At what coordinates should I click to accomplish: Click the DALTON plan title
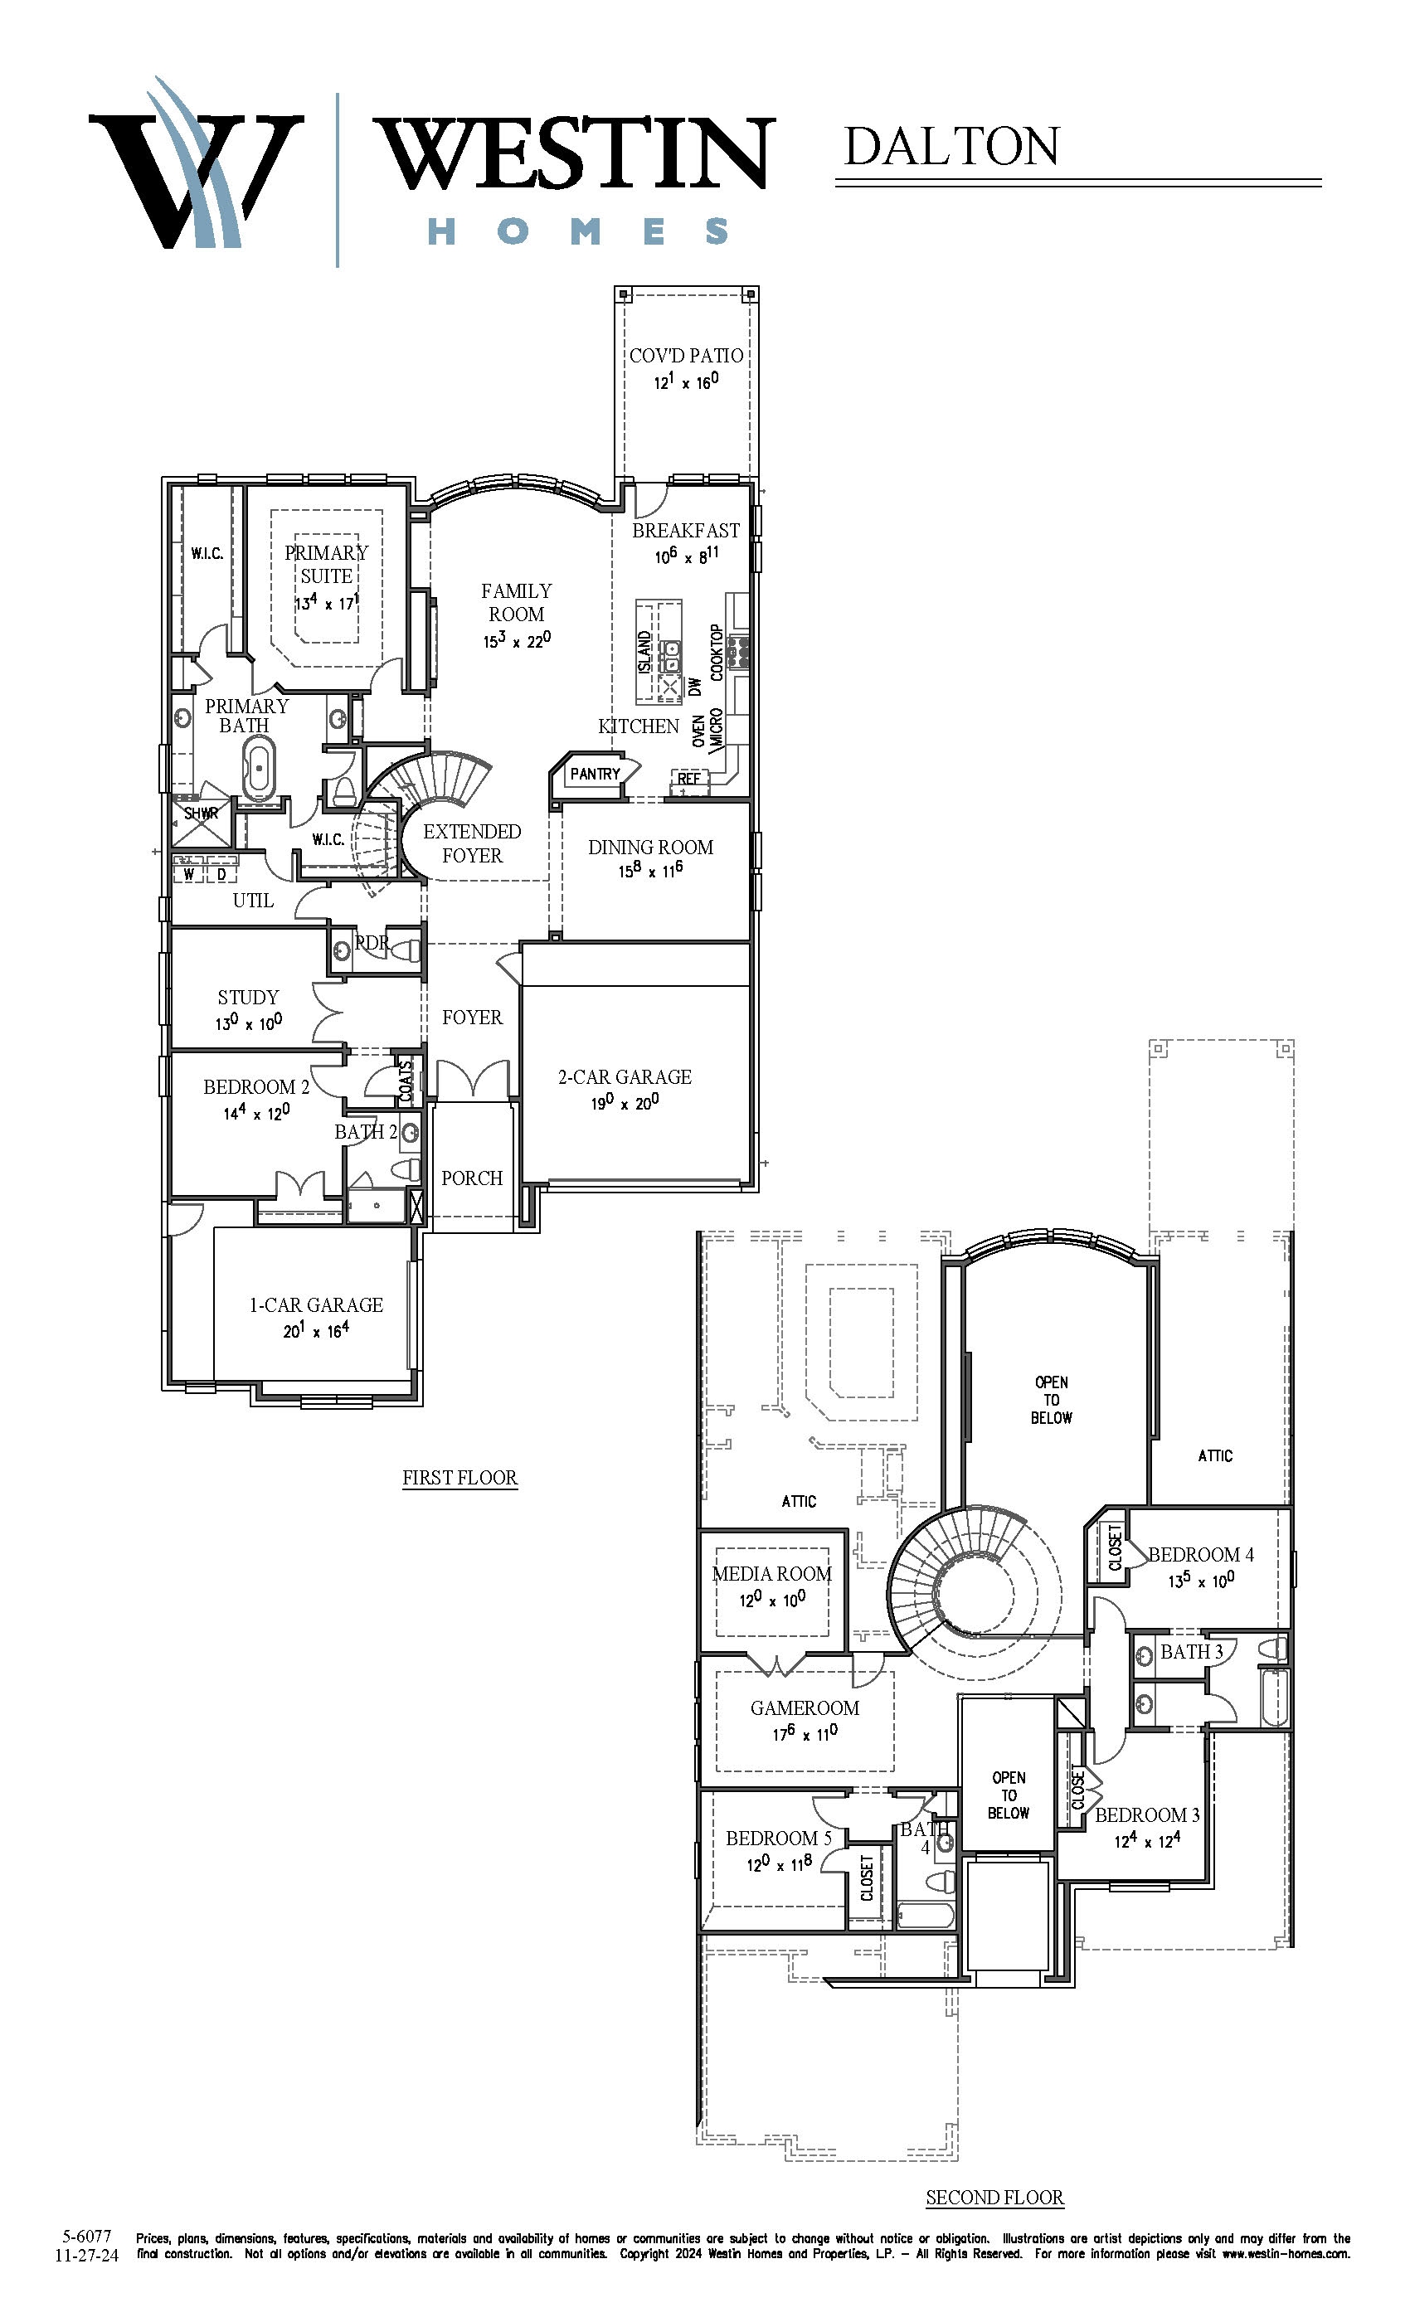click(x=951, y=147)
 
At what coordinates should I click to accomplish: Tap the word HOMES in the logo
click(x=578, y=231)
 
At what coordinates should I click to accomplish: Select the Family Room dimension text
click(x=517, y=641)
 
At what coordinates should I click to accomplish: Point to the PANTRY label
click(x=595, y=774)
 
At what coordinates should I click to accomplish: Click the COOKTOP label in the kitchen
click(x=717, y=652)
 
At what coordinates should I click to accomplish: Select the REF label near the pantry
click(x=689, y=779)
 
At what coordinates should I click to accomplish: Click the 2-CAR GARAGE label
click(x=624, y=1076)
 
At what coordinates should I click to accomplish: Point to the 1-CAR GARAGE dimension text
click(x=316, y=1331)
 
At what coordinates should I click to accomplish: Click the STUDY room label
click(x=248, y=997)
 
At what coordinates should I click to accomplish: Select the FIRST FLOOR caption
click(x=460, y=1478)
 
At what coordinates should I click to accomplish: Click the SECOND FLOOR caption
click(x=994, y=2197)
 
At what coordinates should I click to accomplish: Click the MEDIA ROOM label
click(x=772, y=1574)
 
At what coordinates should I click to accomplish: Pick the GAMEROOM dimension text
click(x=805, y=1734)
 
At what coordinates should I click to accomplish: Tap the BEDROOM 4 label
click(x=1201, y=1555)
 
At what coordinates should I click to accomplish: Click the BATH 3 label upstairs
click(x=1191, y=1651)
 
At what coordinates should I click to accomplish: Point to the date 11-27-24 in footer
click(x=87, y=2255)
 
